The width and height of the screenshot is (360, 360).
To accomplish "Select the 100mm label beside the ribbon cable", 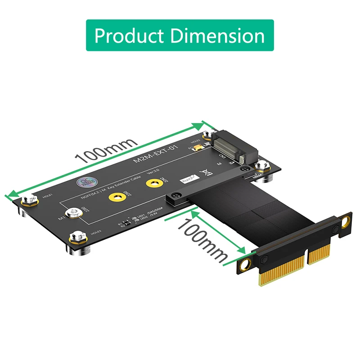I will [202, 241].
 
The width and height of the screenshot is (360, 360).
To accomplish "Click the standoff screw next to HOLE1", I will [30, 199].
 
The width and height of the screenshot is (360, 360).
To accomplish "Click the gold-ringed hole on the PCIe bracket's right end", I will [345, 222].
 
